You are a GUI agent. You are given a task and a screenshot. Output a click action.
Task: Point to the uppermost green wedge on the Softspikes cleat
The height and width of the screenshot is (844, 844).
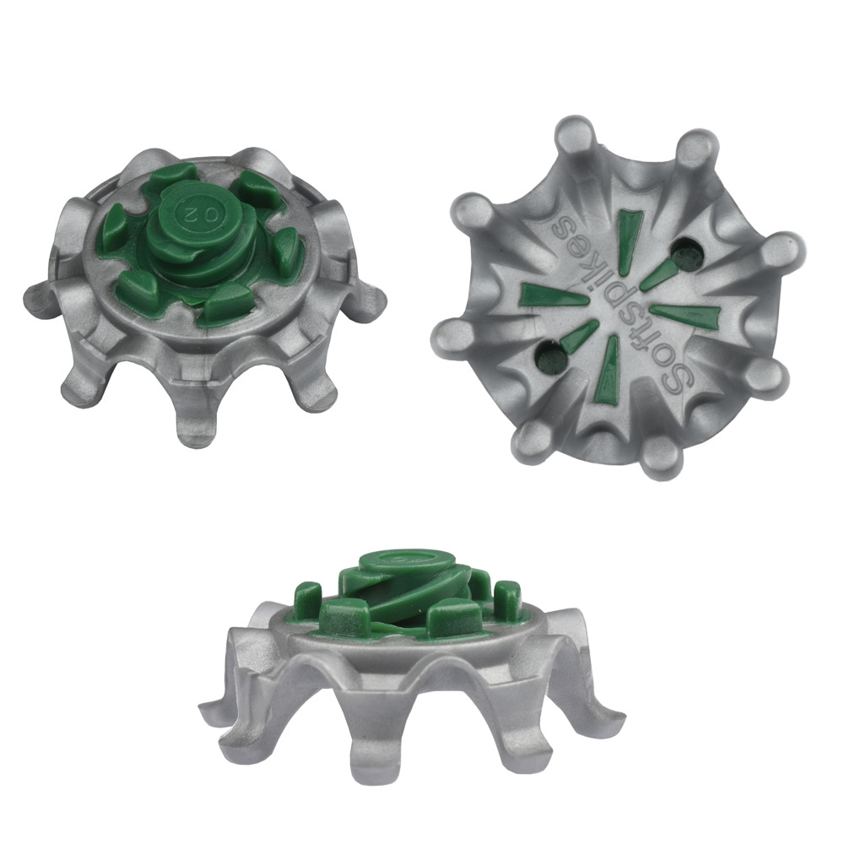[x=628, y=233]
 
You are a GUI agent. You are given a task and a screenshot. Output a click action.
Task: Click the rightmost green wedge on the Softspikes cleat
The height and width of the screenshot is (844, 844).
[x=680, y=316]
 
